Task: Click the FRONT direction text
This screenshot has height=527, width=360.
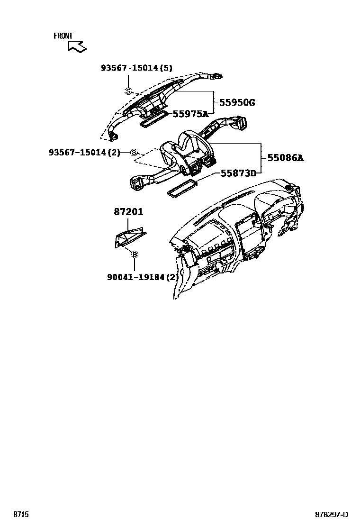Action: point(63,36)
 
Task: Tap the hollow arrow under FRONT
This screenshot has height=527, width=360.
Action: point(77,46)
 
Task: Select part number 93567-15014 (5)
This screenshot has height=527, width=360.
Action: point(136,68)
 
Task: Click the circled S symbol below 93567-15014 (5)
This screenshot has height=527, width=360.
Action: point(127,91)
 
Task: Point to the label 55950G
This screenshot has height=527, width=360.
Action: point(237,102)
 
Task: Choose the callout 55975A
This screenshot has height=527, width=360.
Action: point(190,114)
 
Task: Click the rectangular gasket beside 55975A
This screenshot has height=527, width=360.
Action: point(154,120)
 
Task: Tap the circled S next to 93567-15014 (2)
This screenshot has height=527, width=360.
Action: point(134,152)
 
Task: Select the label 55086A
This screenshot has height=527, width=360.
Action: point(285,158)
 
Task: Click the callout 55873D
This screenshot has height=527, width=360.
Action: point(238,173)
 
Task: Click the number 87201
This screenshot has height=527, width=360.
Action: point(128,212)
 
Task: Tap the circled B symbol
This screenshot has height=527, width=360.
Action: point(135,255)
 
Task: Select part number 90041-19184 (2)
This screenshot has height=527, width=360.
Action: point(143,277)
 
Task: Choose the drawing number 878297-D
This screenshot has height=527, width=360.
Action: point(332,514)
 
